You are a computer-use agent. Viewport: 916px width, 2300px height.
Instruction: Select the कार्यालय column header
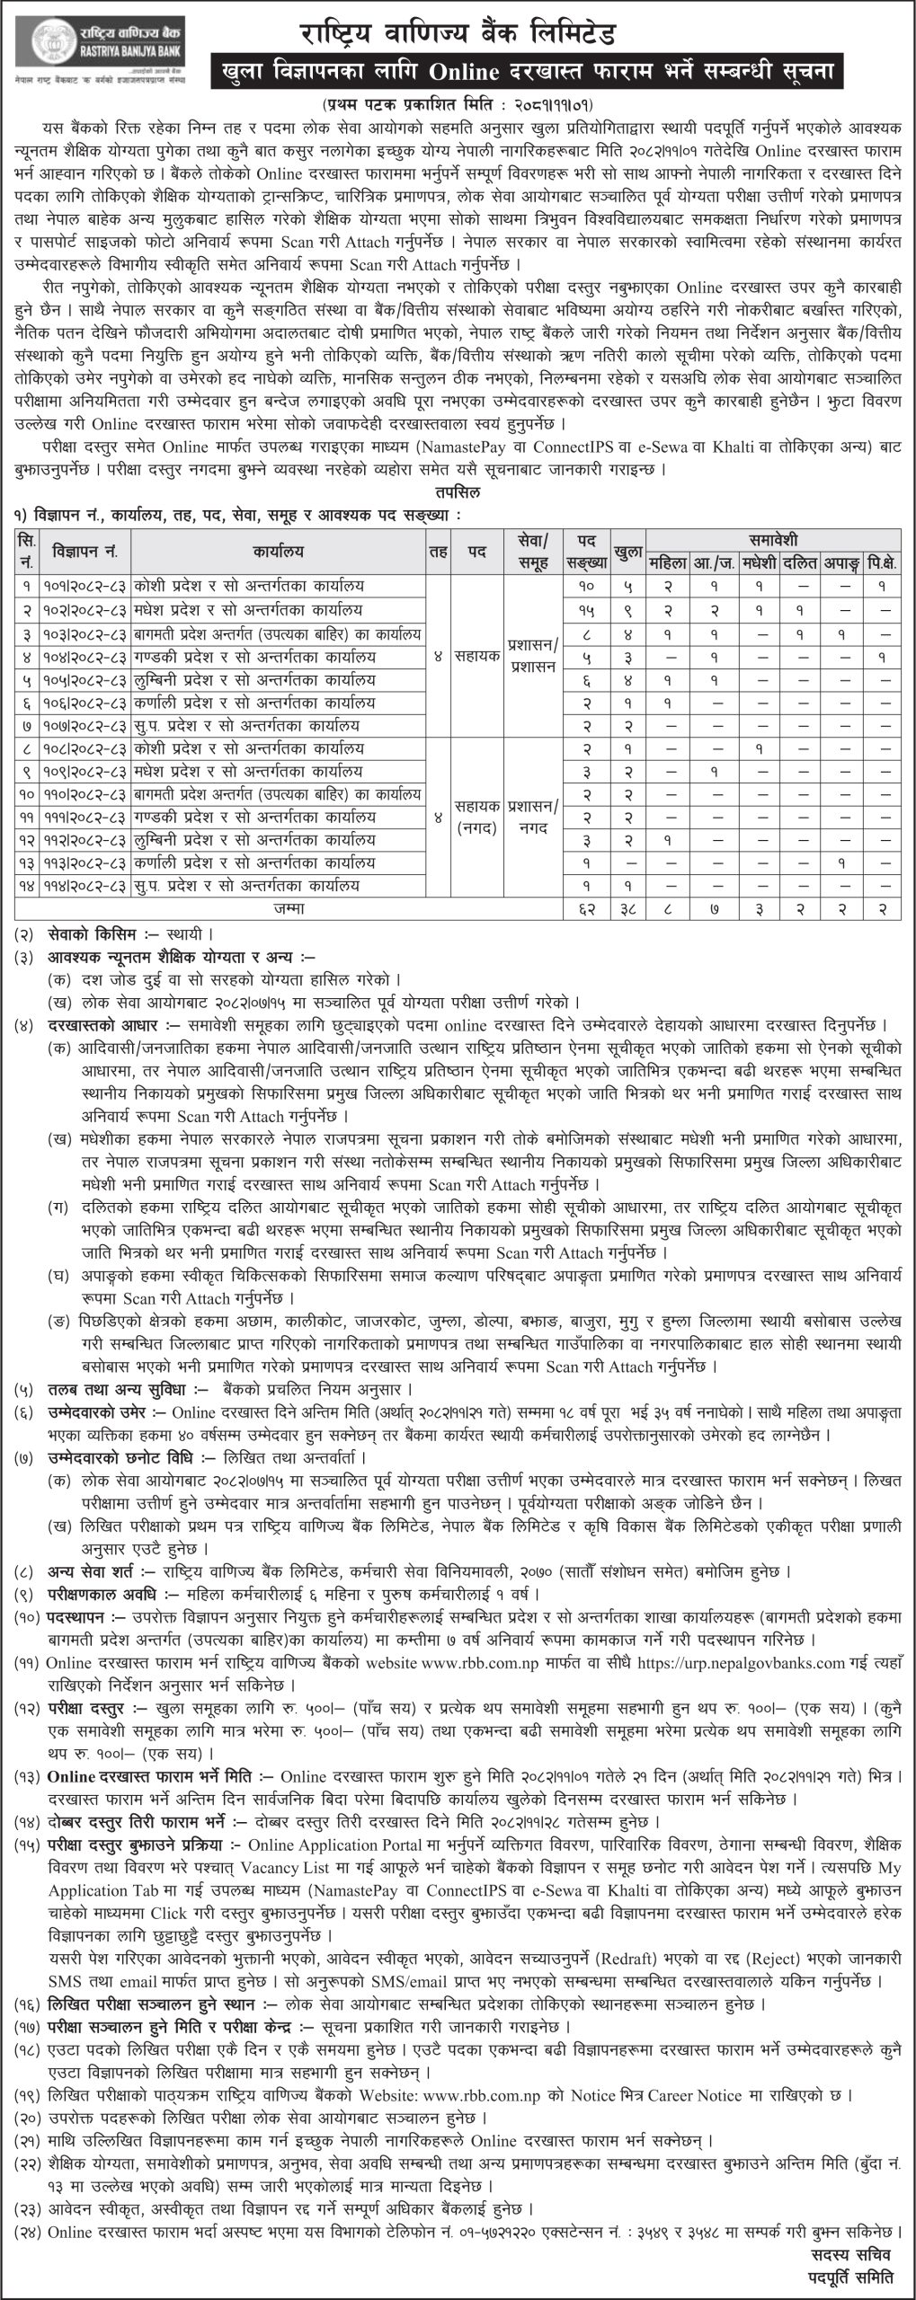pyautogui.click(x=277, y=551)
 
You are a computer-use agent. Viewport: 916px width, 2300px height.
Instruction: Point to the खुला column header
pyautogui.click(x=627, y=551)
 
